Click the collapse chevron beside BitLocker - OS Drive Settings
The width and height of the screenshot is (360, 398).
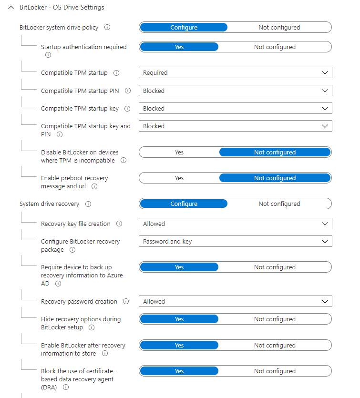[x=11, y=8]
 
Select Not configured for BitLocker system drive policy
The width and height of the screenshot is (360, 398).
[x=279, y=28]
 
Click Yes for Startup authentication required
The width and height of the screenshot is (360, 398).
[x=179, y=47]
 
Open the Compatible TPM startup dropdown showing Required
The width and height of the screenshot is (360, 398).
[x=235, y=73]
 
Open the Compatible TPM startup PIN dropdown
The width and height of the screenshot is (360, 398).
[x=235, y=91]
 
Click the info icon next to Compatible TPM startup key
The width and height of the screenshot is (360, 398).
[x=127, y=109]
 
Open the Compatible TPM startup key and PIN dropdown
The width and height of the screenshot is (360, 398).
[x=235, y=126]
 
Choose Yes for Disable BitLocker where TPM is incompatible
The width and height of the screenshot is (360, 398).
[x=179, y=153]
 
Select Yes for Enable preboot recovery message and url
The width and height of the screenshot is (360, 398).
[x=179, y=178]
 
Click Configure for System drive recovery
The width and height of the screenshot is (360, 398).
[x=184, y=204]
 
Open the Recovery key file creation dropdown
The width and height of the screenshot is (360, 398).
[x=235, y=224]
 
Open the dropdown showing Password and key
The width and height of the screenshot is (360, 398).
[x=235, y=242]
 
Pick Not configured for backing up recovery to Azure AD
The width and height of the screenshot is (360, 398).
[x=275, y=267]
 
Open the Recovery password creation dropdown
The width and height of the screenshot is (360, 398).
[x=235, y=302]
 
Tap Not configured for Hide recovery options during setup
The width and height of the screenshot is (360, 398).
[x=275, y=319]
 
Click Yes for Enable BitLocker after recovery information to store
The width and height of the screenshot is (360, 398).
[x=179, y=346]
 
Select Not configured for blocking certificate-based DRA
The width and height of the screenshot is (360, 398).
[x=275, y=371]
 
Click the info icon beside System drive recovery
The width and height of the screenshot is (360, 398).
[x=88, y=204]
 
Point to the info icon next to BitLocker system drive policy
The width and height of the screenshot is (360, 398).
[x=107, y=28]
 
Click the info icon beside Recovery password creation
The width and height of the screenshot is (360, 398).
[x=126, y=302]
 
